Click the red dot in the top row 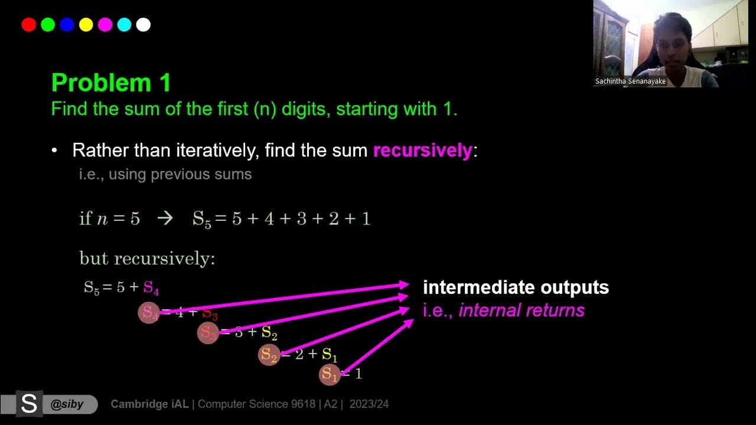tap(28, 25)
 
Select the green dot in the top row tap(48, 25)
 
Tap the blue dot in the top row tap(67, 25)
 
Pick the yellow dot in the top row tap(86, 25)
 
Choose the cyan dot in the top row tap(124, 25)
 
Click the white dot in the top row tap(144, 25)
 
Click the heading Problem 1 tap(111, 83)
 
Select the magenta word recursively tap(423, 151)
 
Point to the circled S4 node tap(149, 313)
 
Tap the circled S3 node tap(208, 333)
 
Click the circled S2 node tap(269, 354)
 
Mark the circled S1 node tap(330, 374)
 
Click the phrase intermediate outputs tap(516, 287)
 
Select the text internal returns tap(522, 310)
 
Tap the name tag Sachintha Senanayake tap(630, 81)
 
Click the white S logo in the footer tap(28, 404)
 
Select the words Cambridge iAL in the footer tap(150, 404)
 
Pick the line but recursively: tap(147, 259)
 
